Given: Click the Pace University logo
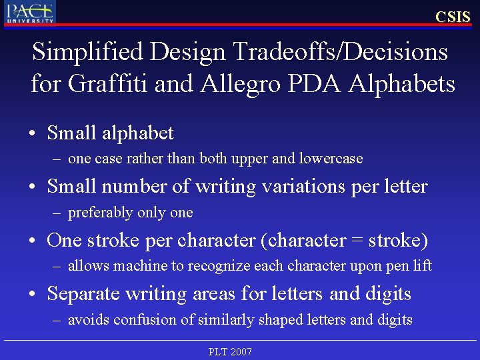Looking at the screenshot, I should pyautogui.click(x=31, y=13).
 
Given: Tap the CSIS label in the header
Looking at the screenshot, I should pyautogui.click(x=453, y=17).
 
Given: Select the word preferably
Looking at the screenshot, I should pyautogui.click(x=101, y=213).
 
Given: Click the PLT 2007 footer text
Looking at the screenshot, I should pyautogui.click(x=230, y=351).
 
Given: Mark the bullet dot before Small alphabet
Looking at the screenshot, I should pyautogui.click(x=33, y=134).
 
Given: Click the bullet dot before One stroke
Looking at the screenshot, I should pyautogui.click(x=33, y=241).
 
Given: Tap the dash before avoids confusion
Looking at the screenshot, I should pyautogui.click(x=59, y=321).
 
